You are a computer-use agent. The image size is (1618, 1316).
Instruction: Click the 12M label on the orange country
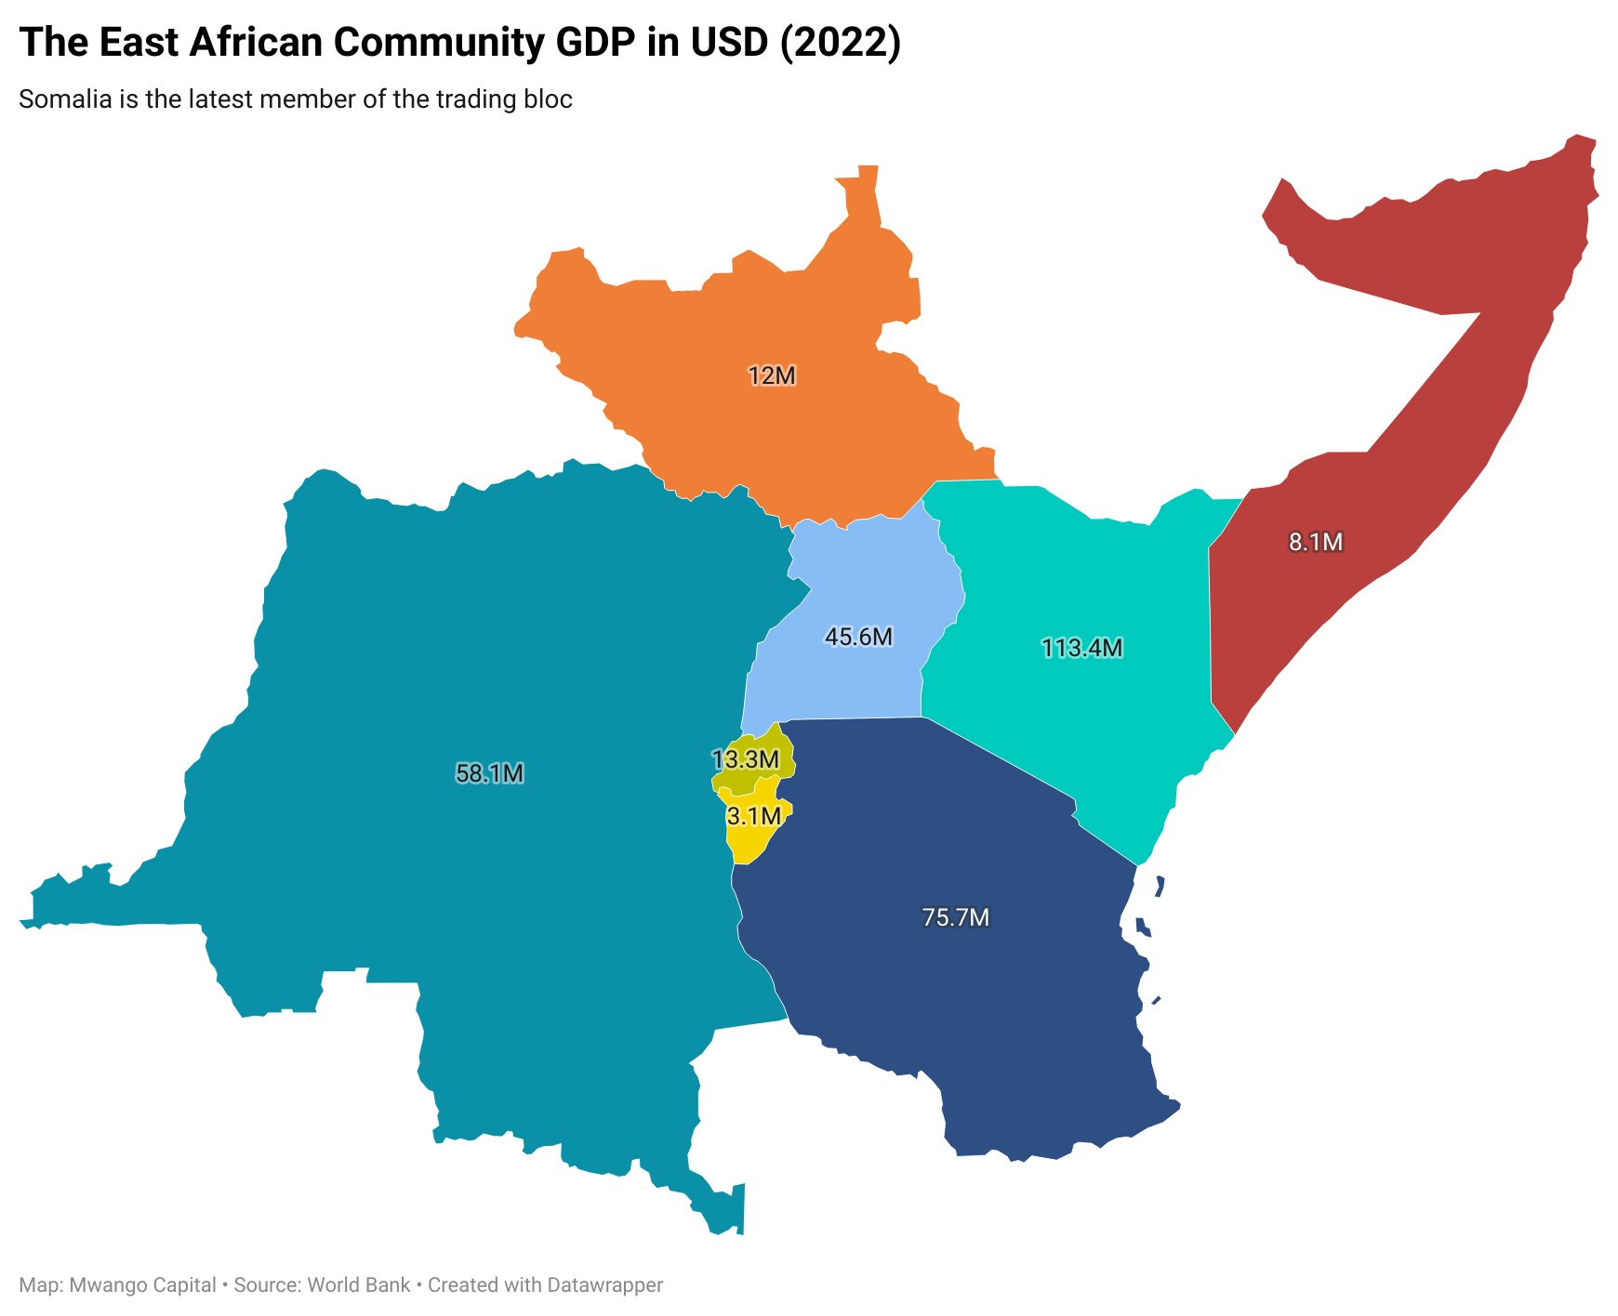772,375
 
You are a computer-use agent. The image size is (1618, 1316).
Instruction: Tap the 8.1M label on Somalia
1315,542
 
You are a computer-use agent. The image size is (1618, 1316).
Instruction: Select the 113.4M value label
1081,648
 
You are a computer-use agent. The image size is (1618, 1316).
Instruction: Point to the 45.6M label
858,637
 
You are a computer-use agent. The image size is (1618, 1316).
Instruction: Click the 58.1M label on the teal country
489,773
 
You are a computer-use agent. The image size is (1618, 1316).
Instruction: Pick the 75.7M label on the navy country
955,917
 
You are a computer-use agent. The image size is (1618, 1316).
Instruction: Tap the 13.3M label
745,759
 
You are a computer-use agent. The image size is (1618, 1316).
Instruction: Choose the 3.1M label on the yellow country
753,816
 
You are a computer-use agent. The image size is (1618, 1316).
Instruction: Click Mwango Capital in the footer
142,1285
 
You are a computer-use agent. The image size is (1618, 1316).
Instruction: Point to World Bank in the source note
358,1285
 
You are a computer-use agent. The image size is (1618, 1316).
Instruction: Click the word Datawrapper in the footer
604,1285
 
